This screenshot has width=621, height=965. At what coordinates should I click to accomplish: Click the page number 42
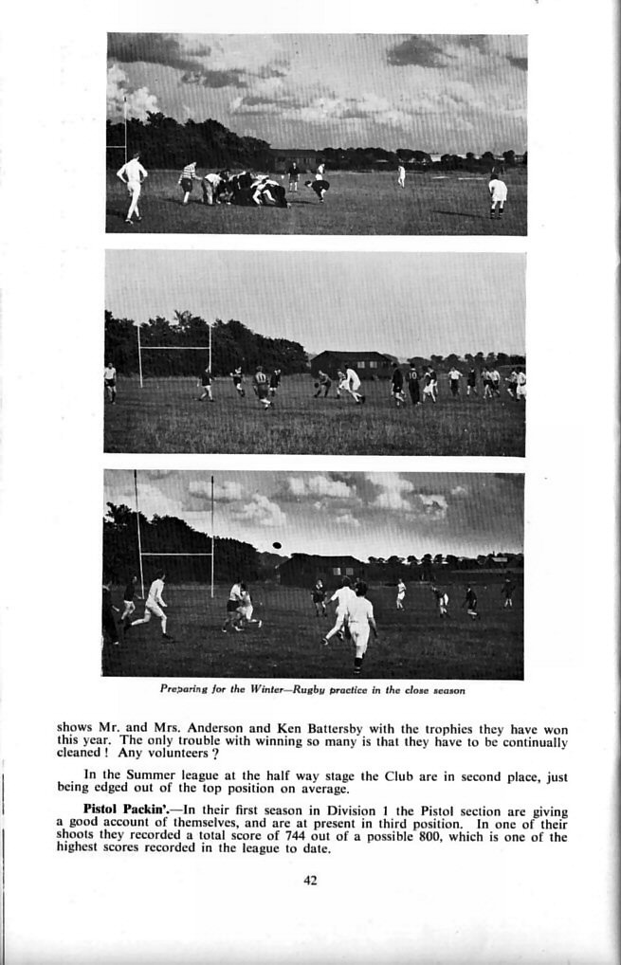pos(310,880)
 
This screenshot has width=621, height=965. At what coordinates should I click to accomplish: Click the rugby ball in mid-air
pos(276,545)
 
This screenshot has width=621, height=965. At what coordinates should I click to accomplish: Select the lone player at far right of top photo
pos(497,195)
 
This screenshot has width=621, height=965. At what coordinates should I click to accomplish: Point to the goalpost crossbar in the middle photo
pos(174,348)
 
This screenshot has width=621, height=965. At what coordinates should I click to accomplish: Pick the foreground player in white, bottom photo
pos(358,626)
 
